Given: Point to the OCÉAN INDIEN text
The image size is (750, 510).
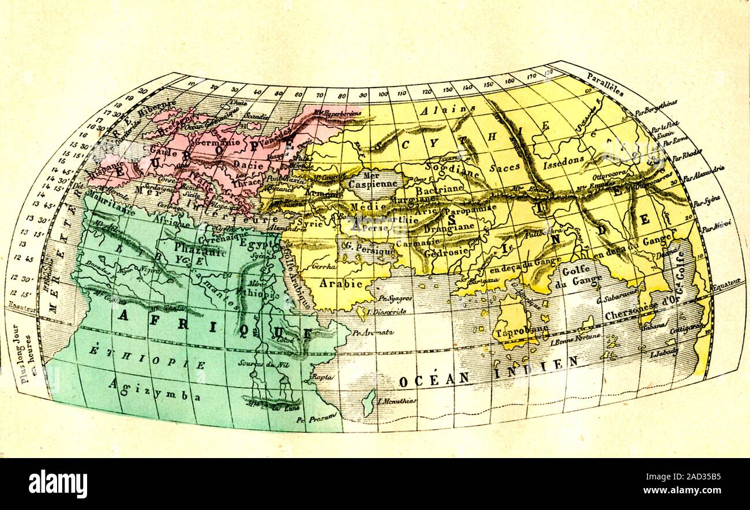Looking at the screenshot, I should pos(487,372).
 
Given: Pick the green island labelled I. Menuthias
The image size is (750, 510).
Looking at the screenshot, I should pos(368,402).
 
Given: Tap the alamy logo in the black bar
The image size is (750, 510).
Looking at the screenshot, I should pos(58,483).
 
